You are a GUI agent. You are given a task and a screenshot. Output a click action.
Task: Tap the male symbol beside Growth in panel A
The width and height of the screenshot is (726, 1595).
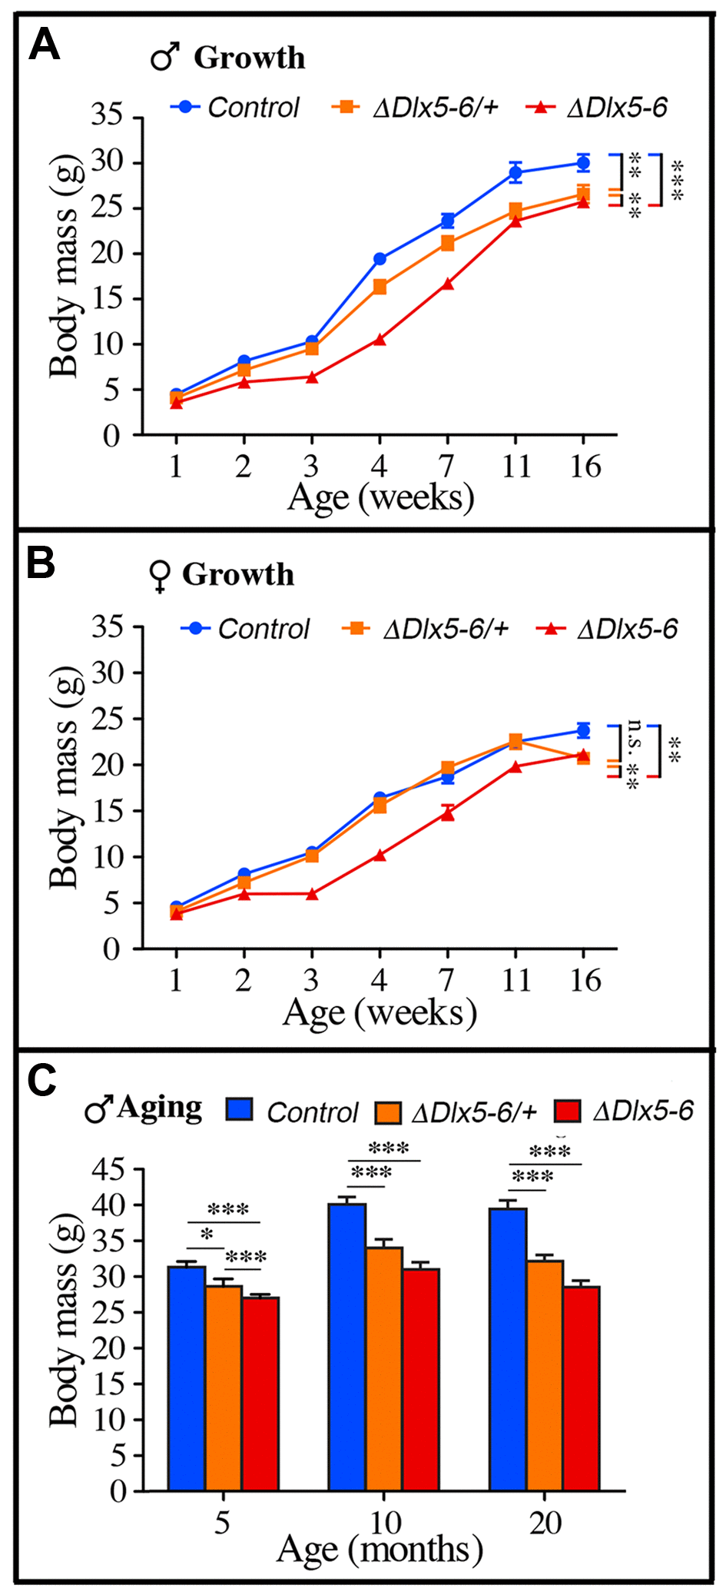[164, 57]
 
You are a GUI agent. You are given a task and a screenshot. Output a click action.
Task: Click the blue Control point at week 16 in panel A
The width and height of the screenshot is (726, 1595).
[583, 163]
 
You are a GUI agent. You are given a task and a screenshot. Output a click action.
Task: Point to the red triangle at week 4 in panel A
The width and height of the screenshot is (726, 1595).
[380, 339]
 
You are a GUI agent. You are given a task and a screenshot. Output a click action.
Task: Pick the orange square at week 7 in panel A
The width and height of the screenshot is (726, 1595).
[447, 244]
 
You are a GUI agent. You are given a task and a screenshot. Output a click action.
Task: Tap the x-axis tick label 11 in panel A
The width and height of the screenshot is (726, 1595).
[515, 466]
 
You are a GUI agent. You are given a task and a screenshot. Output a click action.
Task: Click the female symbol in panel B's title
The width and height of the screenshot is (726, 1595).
[159, 577]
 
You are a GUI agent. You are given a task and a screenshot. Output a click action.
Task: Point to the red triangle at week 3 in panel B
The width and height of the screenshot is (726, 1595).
[312, 894]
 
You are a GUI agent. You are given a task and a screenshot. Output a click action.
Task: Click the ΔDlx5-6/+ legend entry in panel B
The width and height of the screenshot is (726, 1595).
[426, 630]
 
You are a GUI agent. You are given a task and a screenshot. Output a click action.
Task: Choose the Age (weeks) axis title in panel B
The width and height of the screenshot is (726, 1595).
[380, 1013]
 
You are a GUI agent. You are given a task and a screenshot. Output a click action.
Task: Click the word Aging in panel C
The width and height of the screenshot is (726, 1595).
[160, 1108]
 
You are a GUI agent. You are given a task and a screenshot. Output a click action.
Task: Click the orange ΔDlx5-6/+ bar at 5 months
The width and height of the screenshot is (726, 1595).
[224, 1388]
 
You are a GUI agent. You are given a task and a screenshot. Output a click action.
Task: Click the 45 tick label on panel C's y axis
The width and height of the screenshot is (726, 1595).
[107, 1170]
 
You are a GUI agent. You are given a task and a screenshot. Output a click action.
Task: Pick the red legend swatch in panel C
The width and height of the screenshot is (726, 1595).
[567, 1112]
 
